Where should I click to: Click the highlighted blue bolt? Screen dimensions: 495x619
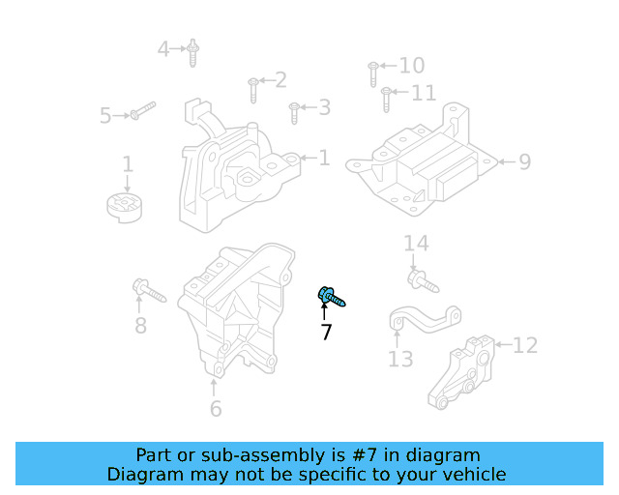[x=330, y=295]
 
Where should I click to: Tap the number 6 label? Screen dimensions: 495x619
[x=215, y=409]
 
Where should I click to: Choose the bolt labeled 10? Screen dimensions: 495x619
[x=372, y=73]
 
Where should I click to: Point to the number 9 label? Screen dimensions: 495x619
[x=524, y=161]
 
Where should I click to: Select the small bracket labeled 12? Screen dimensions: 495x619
[x=462, y=373]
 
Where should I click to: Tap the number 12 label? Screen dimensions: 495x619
[x=523, y=345]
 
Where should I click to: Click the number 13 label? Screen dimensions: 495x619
[x=400, y=360]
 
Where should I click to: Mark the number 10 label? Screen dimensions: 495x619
[x=411, y=66]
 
